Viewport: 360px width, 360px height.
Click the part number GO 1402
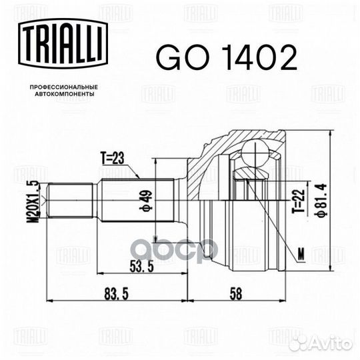click(x=226, y=59)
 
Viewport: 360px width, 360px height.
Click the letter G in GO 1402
click(x=167, y=59)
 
